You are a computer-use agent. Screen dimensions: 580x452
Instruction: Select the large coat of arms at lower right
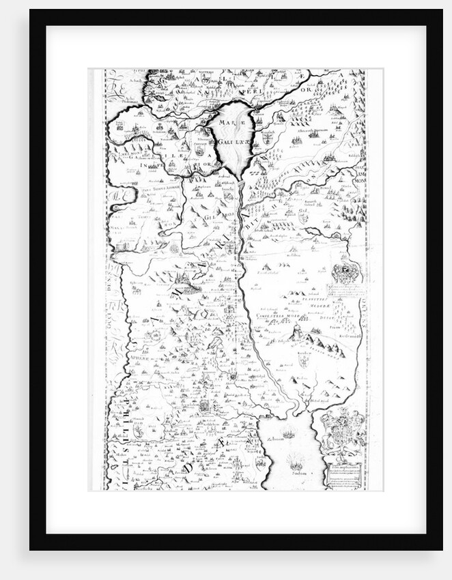[x=343, y=430]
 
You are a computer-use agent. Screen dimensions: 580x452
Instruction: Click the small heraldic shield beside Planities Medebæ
[x=343, y=274]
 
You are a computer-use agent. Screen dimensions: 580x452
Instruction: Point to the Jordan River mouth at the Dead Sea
[x=292, y=411]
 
